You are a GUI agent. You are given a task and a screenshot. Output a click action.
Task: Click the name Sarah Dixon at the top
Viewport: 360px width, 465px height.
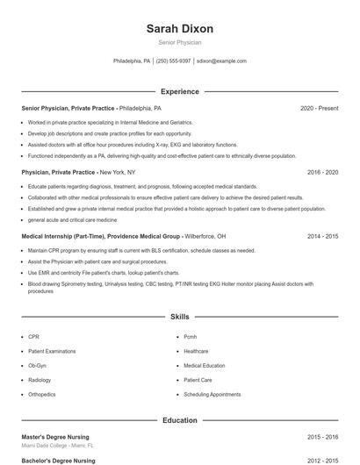click(179, 29)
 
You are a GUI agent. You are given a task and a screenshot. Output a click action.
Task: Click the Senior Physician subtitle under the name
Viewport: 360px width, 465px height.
click(179, 42)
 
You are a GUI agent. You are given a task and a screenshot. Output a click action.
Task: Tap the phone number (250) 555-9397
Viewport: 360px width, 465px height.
click(173, 61)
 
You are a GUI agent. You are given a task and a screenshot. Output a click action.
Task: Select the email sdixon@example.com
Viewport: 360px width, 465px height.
click(221, 61)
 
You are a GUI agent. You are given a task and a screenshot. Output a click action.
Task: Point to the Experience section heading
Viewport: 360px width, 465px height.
click(179, 91)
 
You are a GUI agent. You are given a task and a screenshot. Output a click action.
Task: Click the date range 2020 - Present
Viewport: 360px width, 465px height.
click(319, 108)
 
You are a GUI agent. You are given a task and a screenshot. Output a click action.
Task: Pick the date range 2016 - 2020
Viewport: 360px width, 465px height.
click(322, 173)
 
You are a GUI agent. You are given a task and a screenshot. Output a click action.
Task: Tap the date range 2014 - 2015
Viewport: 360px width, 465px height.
click(322, 237)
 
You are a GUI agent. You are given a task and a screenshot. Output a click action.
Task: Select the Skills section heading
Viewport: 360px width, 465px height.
click(179, 316)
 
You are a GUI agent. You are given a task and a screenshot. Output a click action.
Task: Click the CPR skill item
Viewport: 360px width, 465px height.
click(33, 336)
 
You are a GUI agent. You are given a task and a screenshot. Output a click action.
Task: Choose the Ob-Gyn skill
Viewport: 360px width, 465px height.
click(37, 365)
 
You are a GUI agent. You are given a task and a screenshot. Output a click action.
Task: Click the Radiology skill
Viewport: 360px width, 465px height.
click(40, 380)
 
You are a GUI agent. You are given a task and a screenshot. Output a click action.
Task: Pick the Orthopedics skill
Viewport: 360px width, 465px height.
click(41, 394)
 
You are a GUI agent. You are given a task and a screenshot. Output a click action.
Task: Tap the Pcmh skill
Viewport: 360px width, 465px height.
click(191, 336)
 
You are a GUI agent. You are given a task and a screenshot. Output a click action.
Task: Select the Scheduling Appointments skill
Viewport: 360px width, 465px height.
click(212, 394)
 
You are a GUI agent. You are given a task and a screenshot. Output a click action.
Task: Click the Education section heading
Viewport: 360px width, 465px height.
click(179, 420)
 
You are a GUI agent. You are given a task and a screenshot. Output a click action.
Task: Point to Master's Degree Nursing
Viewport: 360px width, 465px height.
click(55, 437)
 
